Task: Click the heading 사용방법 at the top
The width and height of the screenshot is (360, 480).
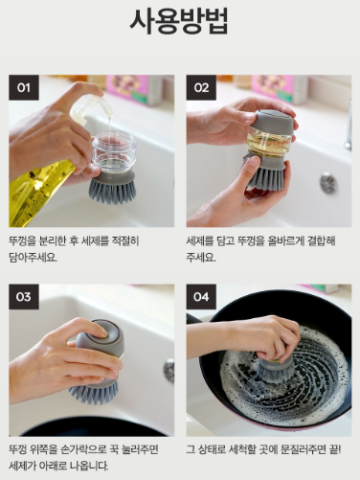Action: point(179,21)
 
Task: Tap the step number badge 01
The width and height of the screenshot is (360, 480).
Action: point(24,87)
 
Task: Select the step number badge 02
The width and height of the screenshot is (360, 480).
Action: point(201,87)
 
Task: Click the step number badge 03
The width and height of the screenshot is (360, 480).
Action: point(24,297)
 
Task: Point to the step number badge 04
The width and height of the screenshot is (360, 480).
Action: point(201,297)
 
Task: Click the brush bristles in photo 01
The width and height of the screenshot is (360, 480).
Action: point(112,190)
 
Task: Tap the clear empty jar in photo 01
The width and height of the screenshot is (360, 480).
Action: point(114,151)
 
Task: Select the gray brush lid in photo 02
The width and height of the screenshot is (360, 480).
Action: point(271,122)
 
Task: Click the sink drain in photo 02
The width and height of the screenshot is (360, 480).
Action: point(328,183)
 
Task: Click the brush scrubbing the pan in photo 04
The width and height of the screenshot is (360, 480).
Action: point(274,371)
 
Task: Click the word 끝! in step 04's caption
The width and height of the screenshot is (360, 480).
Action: point(335,450)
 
